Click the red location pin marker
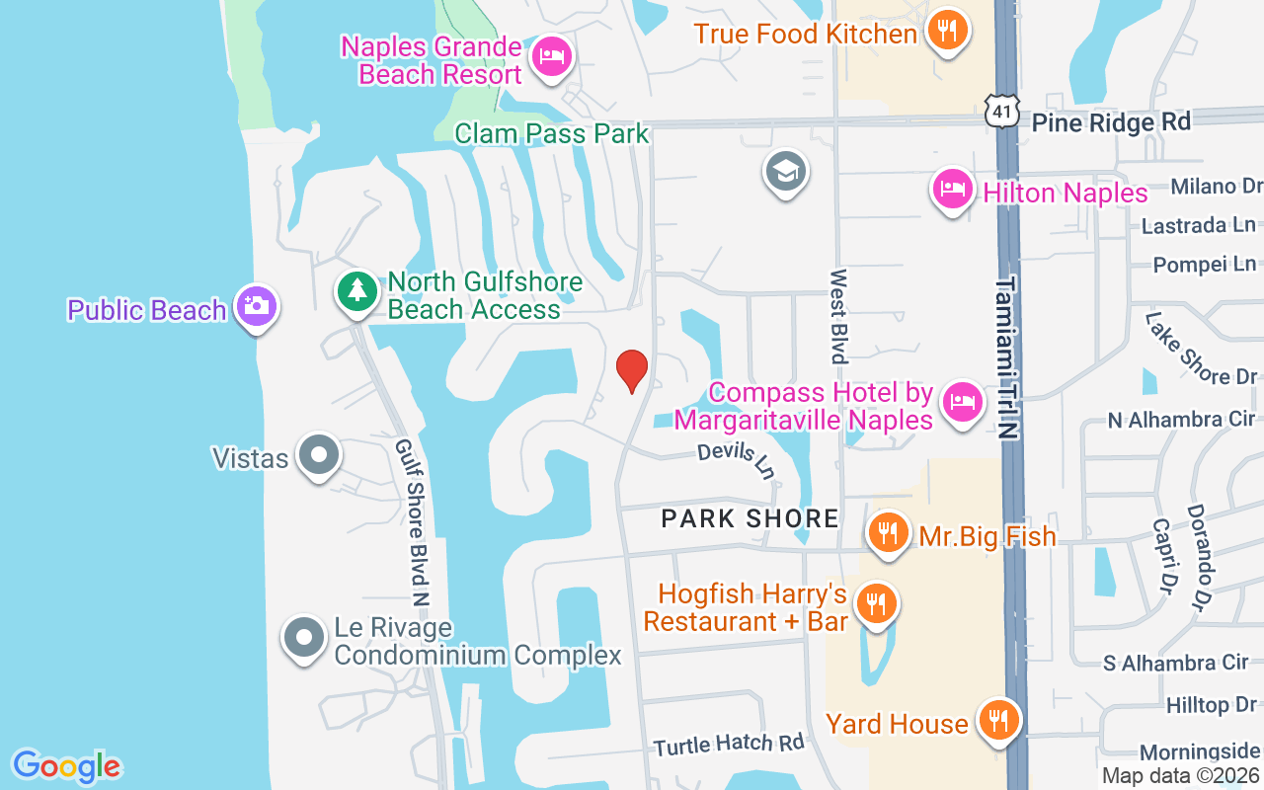point(631,370)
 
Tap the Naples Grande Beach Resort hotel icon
point(550,56)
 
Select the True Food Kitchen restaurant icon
point(947,31)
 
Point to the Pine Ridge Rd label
point(1111,121)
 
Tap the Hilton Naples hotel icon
point(953,189)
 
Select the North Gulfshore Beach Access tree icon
point(356,291)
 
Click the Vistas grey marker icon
point(318,455)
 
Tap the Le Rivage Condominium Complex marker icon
point(303,638)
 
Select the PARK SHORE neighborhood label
point(750,517)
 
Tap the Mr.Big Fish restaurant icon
point(889,534)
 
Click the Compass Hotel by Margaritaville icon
point(961,402)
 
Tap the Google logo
point(66,766)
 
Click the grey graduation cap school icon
point(786,173)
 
